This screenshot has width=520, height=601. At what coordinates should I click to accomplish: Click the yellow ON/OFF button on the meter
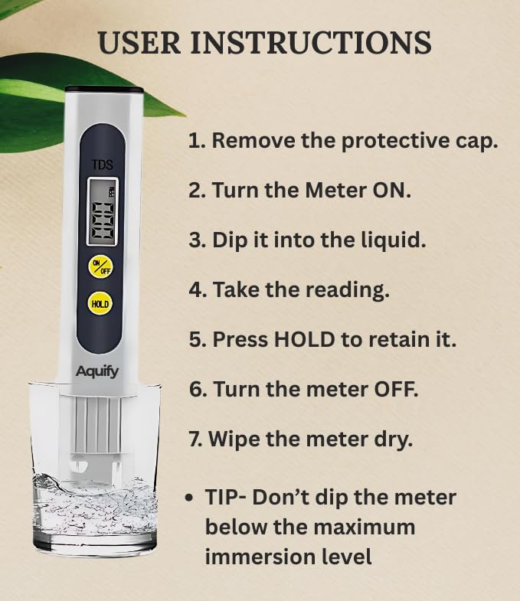[101, 266]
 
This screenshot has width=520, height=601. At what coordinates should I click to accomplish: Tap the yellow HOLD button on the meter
[100, 303]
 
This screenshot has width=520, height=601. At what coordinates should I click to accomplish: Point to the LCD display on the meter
[103, 211]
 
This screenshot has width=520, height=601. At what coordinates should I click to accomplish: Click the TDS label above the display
[103, 165]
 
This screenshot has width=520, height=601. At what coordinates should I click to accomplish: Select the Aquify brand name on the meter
[97, 371]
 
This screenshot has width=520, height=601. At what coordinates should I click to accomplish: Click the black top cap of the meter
[104, 90]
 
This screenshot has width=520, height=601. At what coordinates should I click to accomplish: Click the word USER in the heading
[139, 42]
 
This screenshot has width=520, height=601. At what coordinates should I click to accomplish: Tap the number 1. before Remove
[198, 141]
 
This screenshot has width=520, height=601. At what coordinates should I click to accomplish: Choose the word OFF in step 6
[395, 390]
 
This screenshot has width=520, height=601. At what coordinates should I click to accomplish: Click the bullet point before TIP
[188, 498]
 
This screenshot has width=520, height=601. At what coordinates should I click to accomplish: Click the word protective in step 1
[395, 142]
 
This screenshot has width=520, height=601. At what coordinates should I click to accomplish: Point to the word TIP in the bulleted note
[221, 498]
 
